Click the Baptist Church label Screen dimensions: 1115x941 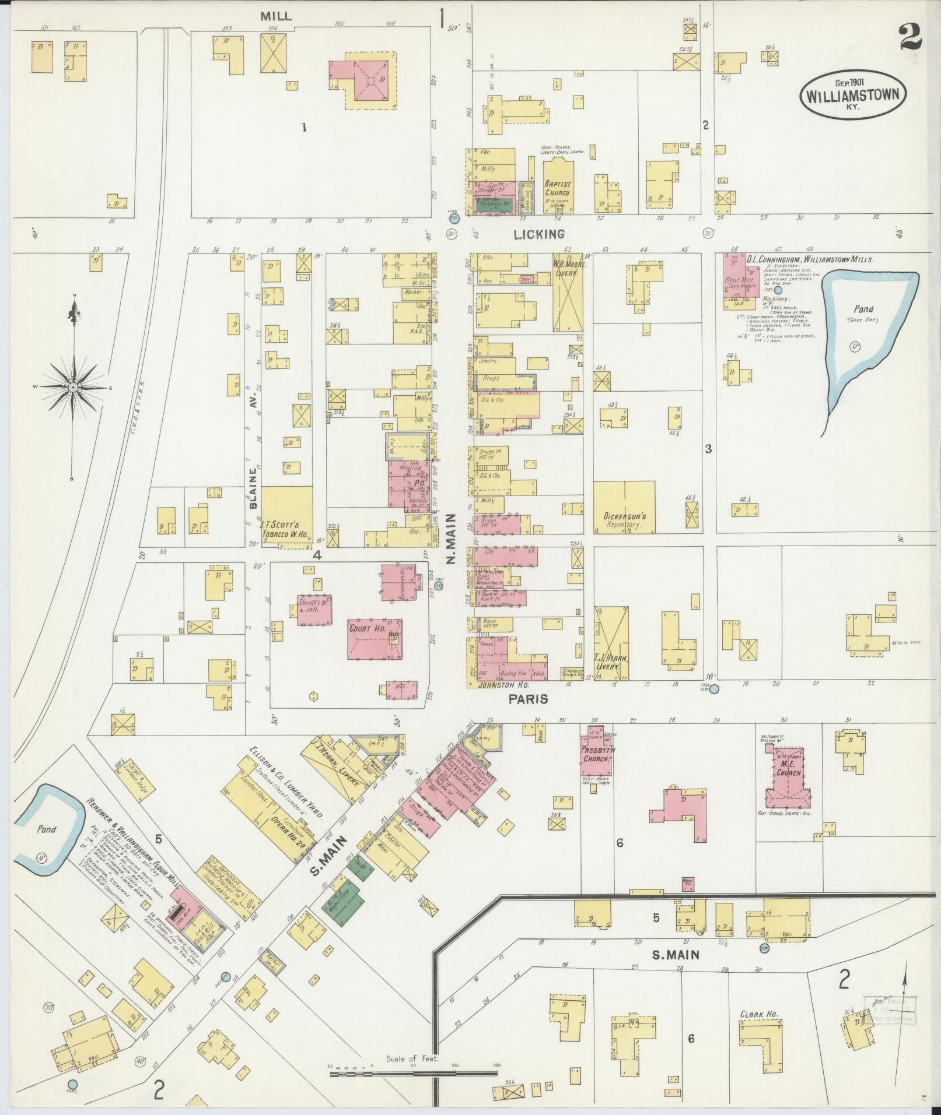tap(558, 188)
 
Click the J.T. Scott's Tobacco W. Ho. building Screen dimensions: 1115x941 tap(286, 516)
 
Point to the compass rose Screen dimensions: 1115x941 tap(74, 387)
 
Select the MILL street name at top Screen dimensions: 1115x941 tap(276, 16)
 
